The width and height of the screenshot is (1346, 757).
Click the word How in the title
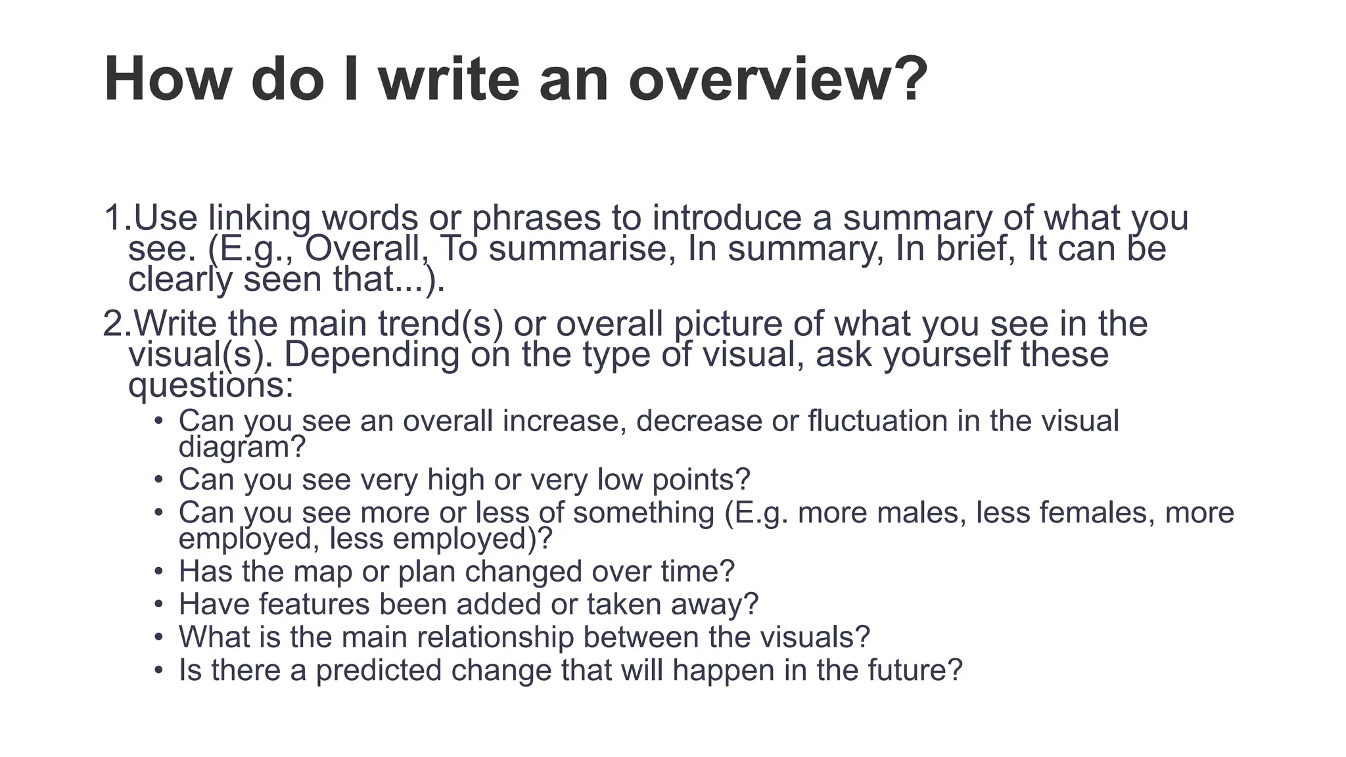click(168, 80)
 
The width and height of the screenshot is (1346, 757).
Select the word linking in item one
click(259, 219)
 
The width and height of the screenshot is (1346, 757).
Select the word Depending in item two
click(371, 355)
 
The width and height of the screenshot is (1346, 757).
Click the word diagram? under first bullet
click(242, 447)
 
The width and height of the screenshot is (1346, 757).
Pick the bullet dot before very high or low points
click(158, 479)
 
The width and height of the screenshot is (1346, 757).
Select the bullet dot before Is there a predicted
click(158, 670)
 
